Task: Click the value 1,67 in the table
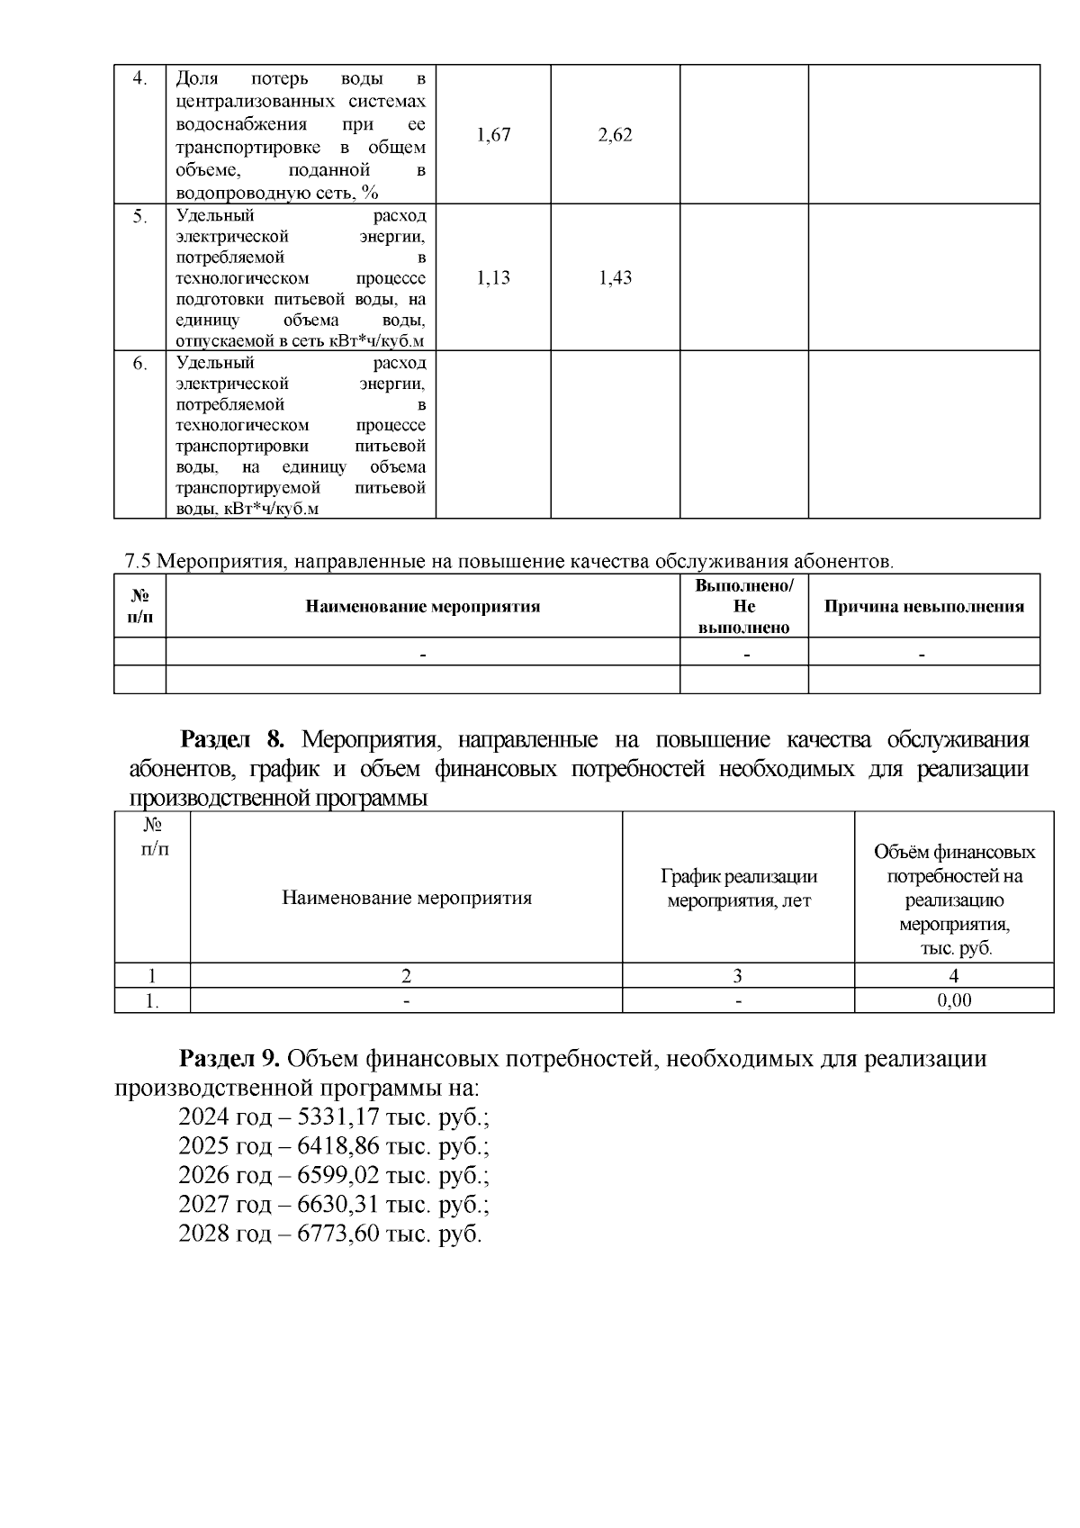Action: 493,135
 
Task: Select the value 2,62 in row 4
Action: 616,135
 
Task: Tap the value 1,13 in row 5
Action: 493,277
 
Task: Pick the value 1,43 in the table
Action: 616,277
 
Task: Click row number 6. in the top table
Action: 139,364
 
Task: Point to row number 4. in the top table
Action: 139,77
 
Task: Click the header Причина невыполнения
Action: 924,606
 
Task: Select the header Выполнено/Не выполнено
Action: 743,606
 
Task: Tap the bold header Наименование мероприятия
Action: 423,606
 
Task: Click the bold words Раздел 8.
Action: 232,740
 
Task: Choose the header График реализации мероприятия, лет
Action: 738,888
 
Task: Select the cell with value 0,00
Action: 954,1000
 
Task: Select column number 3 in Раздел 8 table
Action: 738,975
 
